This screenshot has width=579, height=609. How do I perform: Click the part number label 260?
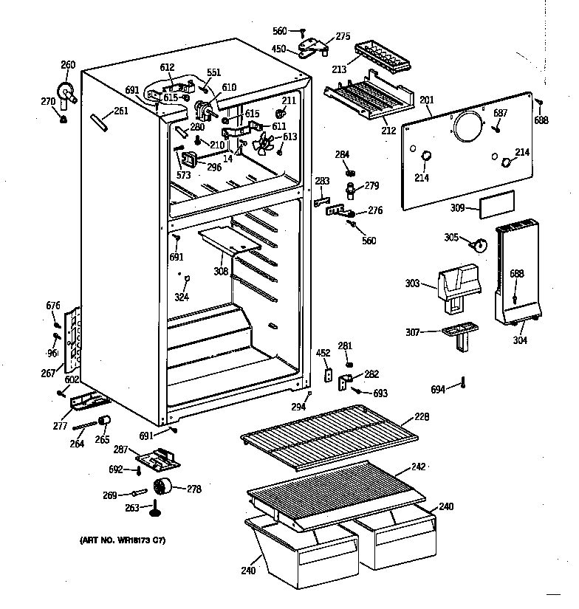point(67,65)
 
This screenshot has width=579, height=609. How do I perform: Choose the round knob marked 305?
point(479,244)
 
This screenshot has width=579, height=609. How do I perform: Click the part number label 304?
point(521,340)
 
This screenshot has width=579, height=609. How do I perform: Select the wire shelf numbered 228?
point(329,440)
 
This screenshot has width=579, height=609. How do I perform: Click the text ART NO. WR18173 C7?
point(123,541)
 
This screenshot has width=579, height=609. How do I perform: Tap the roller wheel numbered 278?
point(161,487)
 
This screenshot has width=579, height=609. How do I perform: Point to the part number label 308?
point(222,271)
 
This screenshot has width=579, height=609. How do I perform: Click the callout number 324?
point(181,297)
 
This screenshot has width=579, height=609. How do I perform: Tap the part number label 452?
point(323,353)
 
